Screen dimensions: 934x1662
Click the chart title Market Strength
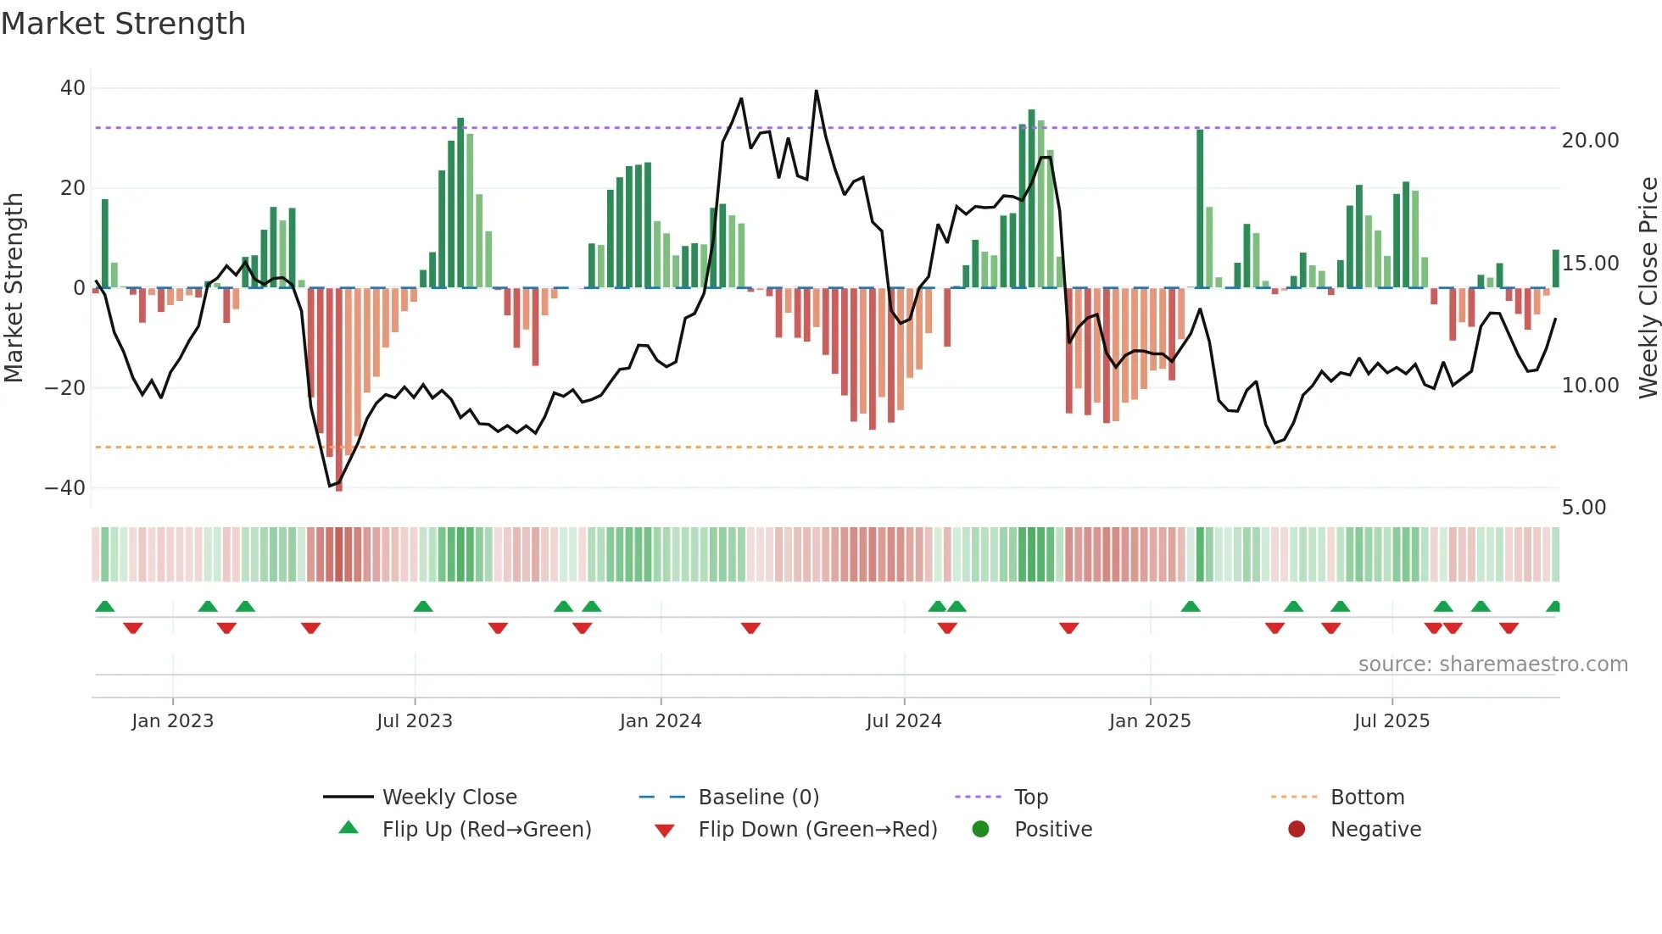123,24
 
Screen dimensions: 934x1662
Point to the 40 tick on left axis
73,88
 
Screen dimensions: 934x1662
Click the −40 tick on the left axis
65,488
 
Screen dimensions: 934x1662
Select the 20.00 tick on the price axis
1590,141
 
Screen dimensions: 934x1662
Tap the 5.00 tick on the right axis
1583,508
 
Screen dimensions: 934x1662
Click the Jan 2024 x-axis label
661,721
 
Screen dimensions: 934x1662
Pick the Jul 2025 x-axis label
1392,721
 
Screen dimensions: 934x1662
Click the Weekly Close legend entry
449,798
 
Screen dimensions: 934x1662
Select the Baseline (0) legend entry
758,798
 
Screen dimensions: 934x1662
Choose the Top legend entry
1030,798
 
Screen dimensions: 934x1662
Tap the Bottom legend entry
1367,798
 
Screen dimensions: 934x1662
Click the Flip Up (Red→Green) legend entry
486,830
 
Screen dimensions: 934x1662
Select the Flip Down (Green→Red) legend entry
817,830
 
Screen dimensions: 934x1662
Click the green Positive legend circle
980,830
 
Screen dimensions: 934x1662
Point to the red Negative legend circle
1297,830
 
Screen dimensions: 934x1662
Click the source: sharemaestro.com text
1492,664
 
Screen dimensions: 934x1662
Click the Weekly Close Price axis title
1648,288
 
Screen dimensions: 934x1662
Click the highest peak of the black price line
817,92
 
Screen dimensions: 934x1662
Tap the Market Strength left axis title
14,288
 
